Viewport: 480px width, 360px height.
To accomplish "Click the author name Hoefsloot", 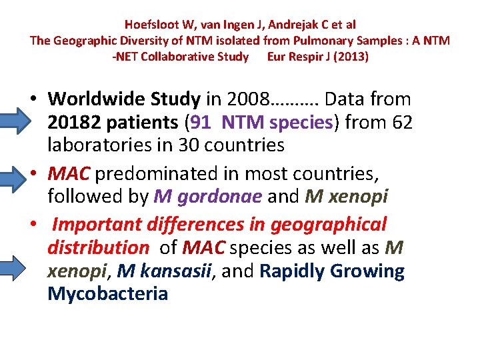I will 152,25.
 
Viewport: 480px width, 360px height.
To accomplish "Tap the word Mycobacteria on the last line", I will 107,293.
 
